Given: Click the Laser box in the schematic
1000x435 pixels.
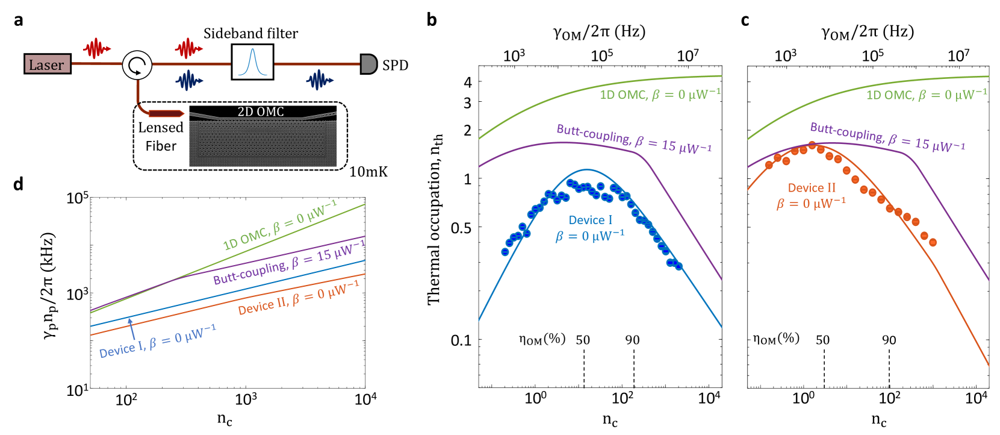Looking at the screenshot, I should tap(47, 64).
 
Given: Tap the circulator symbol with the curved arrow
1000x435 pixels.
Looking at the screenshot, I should tap(137, 64).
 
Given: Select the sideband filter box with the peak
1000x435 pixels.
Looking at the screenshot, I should tap(252, 62).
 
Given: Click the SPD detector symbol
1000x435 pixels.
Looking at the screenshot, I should tap(368, 64).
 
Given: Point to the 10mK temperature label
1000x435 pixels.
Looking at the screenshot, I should tap(368, 172).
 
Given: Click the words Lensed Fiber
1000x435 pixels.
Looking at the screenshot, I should tap(160, 137).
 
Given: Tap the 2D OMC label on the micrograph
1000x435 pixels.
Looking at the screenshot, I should tap(261, 111).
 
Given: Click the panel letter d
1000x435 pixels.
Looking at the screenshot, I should tap(18, 184).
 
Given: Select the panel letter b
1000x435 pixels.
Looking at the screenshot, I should tap(431, 20).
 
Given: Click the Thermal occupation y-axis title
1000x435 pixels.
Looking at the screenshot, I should tap(435, 219).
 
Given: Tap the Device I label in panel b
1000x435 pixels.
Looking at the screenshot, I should tap(590, 221).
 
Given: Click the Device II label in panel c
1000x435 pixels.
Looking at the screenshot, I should tap(812, 188).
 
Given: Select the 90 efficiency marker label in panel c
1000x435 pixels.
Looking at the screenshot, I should tap(889, 340).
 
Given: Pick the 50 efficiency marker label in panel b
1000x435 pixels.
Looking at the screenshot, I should tap(583, 340).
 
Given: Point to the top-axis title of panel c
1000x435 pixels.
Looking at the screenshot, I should tap(868, 32).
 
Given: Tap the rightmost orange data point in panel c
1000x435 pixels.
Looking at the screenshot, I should tap(933, 242).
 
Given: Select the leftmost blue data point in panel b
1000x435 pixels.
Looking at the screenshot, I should tap(505, 252).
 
